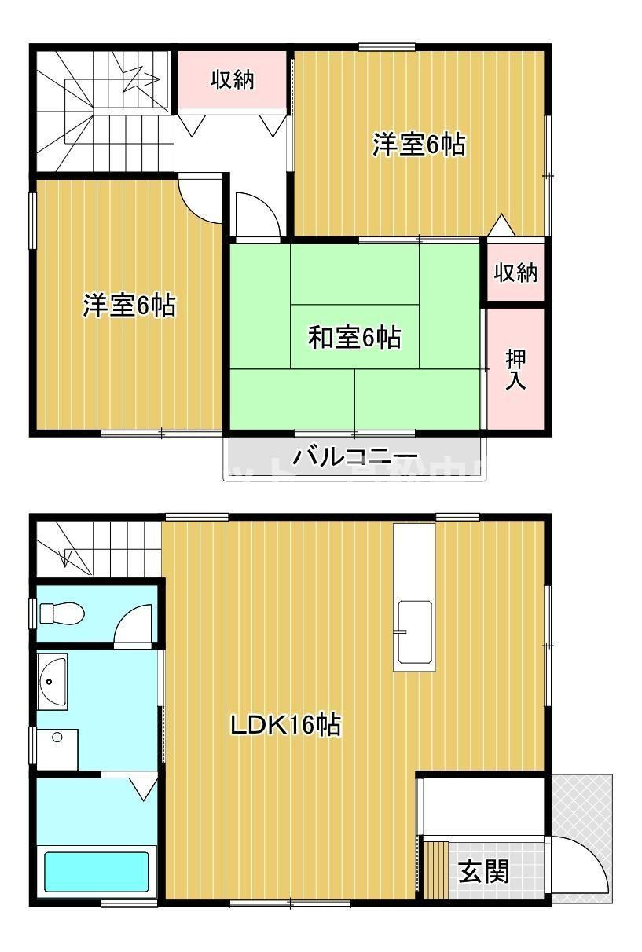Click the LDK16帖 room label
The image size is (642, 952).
[284, 725]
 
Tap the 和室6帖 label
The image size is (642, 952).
[354, 338]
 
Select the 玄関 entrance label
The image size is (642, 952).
[484, 870]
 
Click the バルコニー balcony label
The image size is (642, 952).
[355, 456]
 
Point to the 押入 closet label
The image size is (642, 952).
[515, 370]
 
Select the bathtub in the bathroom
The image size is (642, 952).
[96, 872]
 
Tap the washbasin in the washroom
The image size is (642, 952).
[53, 681]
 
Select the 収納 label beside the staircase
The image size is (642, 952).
[233, 79]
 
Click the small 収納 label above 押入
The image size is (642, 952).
[515, 273]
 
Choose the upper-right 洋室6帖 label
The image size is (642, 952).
[418, 145]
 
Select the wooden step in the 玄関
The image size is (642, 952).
[436, 868]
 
